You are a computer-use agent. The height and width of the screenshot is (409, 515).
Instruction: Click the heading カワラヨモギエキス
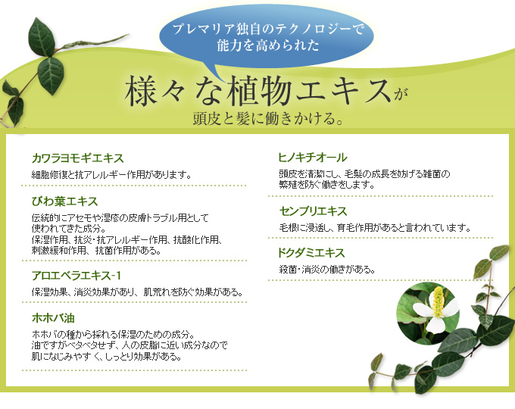click(78, 158)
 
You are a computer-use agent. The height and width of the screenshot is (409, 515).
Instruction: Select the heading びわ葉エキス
click(64, 201)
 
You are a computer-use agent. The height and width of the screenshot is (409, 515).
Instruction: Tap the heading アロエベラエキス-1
click(76, 275)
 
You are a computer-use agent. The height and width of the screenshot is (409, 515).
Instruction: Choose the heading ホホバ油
click(53, 317)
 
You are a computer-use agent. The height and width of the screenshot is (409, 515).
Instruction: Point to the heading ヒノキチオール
click(313, 158)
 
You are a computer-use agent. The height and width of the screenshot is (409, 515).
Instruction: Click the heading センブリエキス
click(313, 211)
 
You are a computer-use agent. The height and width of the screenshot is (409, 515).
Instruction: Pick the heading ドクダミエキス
click(311, 253)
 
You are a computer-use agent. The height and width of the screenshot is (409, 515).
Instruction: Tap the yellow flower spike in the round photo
click(438, 302)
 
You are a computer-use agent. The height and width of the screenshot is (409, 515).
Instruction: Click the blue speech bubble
click(266, 37)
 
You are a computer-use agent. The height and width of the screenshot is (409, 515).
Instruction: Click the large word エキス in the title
click(343, 92)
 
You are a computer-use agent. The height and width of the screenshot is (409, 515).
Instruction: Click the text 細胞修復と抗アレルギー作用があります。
click(111, 175)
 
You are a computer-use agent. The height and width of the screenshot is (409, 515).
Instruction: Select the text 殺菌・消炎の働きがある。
click(327, 270)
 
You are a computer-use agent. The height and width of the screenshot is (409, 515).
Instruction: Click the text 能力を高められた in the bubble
click(268, 45)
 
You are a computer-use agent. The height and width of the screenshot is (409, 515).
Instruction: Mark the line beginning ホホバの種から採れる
click(114, 335)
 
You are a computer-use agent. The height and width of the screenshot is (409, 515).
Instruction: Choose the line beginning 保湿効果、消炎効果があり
click(137, 292)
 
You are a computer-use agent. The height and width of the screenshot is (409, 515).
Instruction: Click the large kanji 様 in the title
click(140, 92)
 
